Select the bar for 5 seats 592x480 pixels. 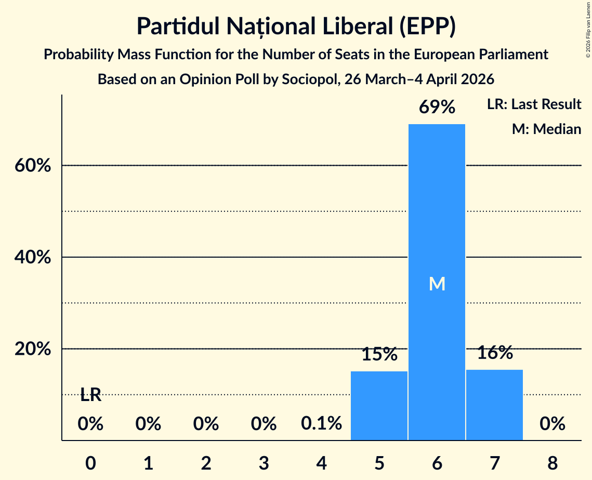(379, 406)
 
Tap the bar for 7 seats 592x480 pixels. (494, 405)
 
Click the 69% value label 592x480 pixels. (437, 108)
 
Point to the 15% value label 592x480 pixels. (379, 355)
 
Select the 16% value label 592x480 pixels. (494, 353)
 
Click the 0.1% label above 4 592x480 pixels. (321, 424)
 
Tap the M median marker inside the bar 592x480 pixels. (437, 284)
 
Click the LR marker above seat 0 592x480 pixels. (90, 395)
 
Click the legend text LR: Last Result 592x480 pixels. (534, 104)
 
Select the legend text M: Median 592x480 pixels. (546, 129)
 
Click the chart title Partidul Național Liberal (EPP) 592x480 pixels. (296, 27)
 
